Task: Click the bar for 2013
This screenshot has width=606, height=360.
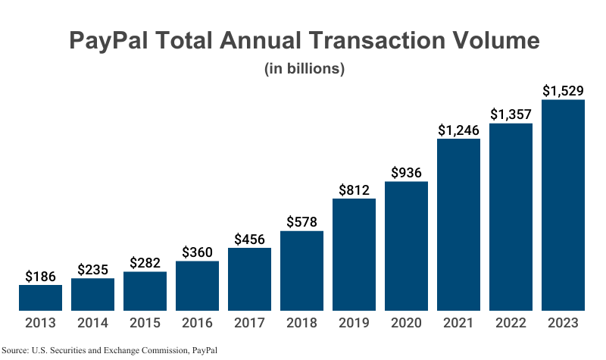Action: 40,298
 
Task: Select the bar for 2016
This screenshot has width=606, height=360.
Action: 197,286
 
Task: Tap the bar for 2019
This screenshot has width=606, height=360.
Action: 354,255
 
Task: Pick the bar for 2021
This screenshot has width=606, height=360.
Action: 458,224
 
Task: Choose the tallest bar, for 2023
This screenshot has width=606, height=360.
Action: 563,205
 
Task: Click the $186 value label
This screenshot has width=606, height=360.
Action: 40,276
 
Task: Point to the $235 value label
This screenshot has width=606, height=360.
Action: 92,269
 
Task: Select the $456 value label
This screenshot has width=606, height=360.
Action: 249,239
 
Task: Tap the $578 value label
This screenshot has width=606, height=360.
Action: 301,222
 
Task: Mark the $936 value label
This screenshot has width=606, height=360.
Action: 406,172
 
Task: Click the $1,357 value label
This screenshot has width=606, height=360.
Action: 511,114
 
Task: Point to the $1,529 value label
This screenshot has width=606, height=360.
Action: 563,91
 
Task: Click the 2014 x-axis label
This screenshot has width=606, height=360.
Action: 92,323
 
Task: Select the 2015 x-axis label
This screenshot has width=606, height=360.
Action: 145,323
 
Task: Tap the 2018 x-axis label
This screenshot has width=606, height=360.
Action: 301,323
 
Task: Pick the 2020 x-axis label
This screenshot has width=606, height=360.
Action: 406,323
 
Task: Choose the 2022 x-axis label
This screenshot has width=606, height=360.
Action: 511,323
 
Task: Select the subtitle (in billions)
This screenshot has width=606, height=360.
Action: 305,69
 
